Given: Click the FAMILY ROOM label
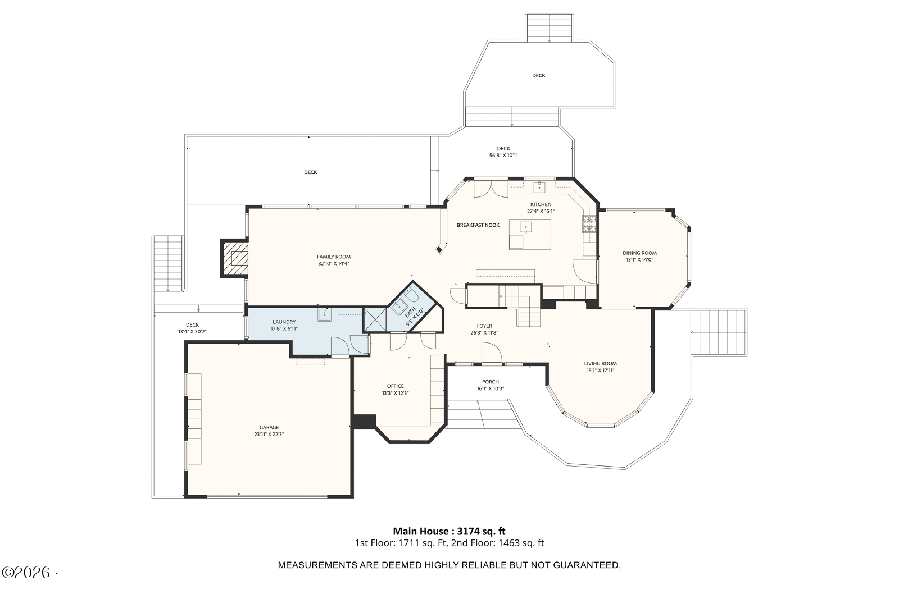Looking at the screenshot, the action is coord(334,257).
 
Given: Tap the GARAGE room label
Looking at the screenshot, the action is coord(269,427).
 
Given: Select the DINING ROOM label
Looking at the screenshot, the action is coord(640,253).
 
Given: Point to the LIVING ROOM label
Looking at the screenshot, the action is coord(601,364).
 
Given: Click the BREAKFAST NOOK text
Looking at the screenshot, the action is coord(478,225).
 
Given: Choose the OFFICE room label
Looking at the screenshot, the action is coord(396,386).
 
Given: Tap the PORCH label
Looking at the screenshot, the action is coord(491,382).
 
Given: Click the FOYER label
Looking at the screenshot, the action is coord(484,326).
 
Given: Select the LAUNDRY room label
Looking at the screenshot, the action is coord(284,322).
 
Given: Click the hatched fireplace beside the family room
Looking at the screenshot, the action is coord(235,258).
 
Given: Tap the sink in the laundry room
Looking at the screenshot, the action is coord(324,315).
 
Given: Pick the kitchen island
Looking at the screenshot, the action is coord(530,235).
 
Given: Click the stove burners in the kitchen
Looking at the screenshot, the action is coord(589,224).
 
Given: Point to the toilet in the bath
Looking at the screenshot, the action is coord(411,295).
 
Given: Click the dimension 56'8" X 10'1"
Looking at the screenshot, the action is coord(503,156).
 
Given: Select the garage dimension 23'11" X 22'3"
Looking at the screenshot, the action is coord(269,434).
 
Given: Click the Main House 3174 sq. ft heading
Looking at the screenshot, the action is coord(449,531).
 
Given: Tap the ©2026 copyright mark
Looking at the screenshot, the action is coord(26,573).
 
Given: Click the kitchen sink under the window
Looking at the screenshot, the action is coord(539,187).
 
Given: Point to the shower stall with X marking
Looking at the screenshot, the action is coord(375,319).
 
